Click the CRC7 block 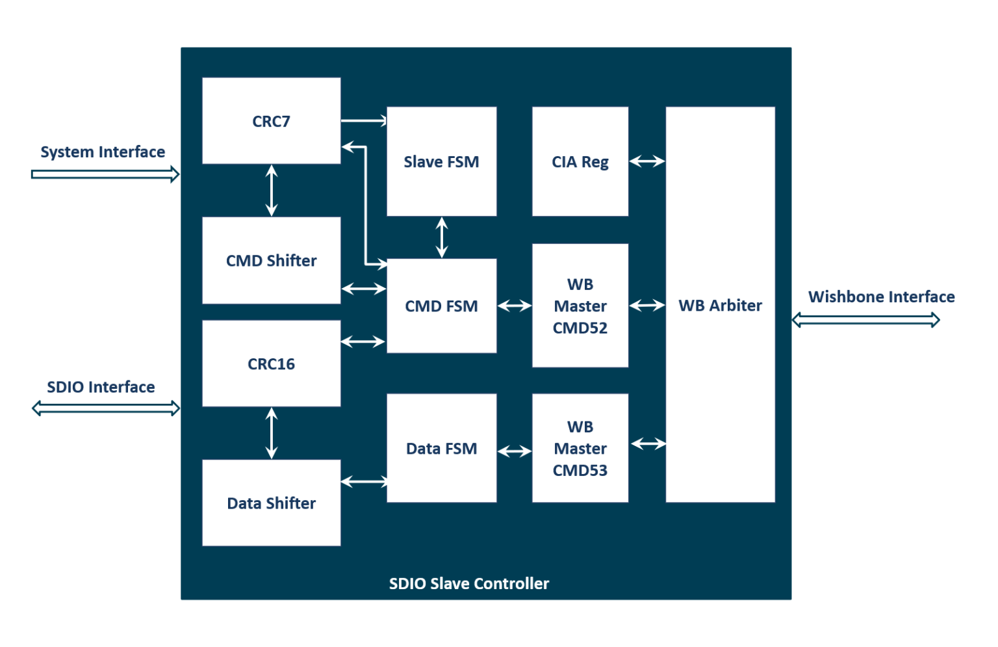click(x=271, y=121)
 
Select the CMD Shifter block click(x=271, y=260)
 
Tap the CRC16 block click(x=271, y=363)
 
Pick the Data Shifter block click(x=271, y=503)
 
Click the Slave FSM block click(x=441, y=161)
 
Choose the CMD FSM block click(x=441, y=306)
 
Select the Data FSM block click(x=441, y=448)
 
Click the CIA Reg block click(x=580, y=161)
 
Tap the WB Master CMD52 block click(x=580, y=306)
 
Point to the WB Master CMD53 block click(x=580, y=448)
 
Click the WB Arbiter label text click(x=720, y=305)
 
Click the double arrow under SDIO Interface click(x=106, y=408)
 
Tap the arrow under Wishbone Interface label click(x=866, y=320)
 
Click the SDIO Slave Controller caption click(x=468, y=583)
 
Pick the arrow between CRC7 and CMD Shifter click(x=272, y=191)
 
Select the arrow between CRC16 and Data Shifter click(x=272, y=433)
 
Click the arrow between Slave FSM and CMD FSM click(x=442, y=237)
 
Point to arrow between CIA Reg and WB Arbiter click(x=647, y=161)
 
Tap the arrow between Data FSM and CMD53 click(x=515, y=451)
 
